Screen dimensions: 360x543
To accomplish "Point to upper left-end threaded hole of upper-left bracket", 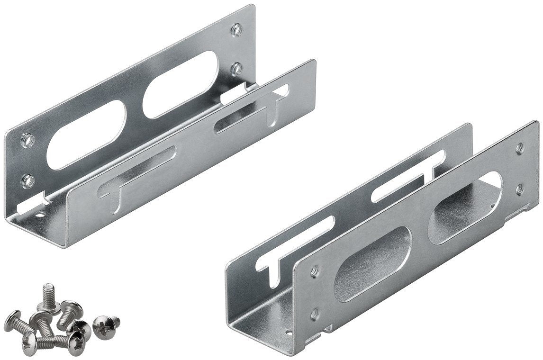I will [x=27, y=140].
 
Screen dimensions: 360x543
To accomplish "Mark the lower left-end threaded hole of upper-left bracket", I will [x=27, y=180].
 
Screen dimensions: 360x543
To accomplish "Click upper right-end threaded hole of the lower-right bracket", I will [x=520, y=148].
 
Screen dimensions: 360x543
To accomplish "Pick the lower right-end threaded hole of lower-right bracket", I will [x=520, y=189].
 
